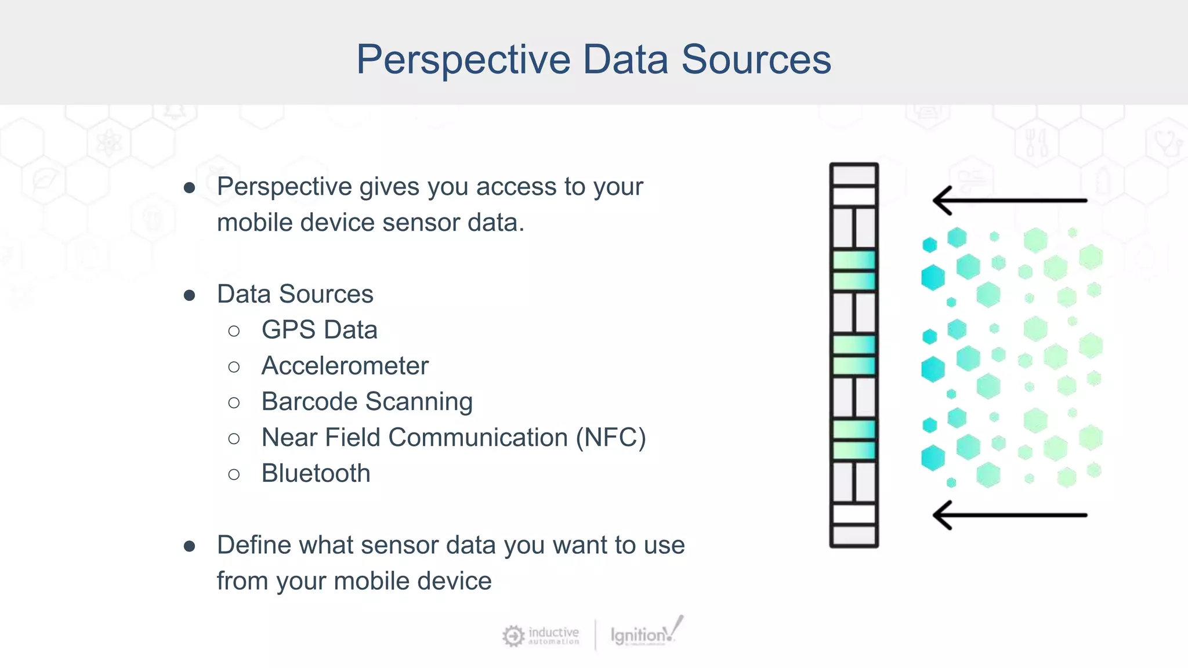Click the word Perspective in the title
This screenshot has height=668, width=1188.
(x=463, y=60)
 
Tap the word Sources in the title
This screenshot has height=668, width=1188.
(x=756, y=60)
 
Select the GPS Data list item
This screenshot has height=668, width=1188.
(x=319, y=330)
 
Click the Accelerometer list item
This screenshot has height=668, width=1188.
(x=345, y=366)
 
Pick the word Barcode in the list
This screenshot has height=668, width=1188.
(x=309, y=402)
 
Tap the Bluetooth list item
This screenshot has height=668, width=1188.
(x=316, y=474)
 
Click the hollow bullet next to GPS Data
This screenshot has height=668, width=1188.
(x=234, y=331)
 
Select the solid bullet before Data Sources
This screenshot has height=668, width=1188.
(x=189, y=296)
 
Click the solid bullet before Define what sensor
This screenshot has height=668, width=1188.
(x=189, y=546)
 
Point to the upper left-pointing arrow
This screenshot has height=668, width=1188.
(x=1009, y=201)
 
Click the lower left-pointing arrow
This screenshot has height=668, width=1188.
(x=1009, y=515)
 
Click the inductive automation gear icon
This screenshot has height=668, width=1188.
(x=513, y=636)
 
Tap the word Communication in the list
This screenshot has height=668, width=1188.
(x=478, y=438)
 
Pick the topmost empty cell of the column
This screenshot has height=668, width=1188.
(x=854, y=175)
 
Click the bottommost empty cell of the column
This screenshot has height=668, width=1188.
(x=854, y=535)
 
